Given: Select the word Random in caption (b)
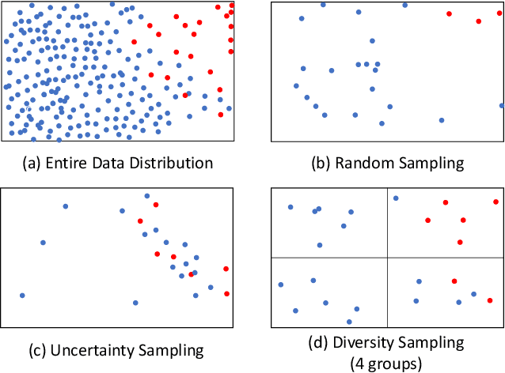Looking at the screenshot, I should pyautogui.click(x=361, y=164).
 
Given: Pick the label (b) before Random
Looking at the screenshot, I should pyautogui.click(x=322, y=164).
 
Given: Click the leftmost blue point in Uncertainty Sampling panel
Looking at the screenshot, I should pyautogui.click(x=22, y=296).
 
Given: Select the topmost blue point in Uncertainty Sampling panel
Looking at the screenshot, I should pyautogui.click(x=146, y=196).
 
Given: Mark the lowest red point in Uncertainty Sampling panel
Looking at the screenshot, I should pyautogui.click(x=227, y=294).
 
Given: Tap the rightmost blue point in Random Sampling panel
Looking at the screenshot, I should pyautogui.click(x=502, y=105).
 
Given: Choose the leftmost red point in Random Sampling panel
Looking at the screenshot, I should pyautogui.click(x=449, y=13).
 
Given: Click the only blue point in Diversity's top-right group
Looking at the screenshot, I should pyautogui.click(x=396, y=198).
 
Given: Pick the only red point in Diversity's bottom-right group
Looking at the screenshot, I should pyautogui.click(x=454, y=281).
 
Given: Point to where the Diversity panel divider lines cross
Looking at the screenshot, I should pyautogui.click(x=387, y=258).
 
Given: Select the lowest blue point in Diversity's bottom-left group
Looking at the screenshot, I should pyautogui.click(x=349, y=322).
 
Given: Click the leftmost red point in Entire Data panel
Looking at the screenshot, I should pyautogui.click(x=135, y=42).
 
